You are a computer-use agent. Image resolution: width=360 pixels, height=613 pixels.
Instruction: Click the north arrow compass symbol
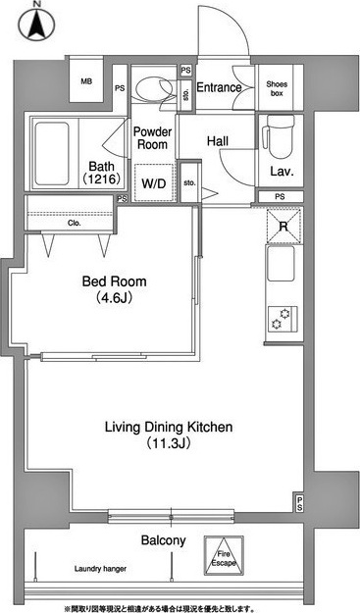point(36,24)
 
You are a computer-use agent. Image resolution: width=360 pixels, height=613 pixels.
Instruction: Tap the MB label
point(86,81)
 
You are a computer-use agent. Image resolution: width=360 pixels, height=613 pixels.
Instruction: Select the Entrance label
point(219,87)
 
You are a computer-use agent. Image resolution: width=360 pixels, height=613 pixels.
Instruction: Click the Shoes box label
point(277,88)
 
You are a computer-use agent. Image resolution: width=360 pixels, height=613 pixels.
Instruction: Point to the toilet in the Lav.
point(279,136)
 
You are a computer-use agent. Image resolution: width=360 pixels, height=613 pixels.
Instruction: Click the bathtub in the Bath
point(52,153)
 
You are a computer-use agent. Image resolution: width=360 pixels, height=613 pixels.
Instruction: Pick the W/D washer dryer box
point(154,182)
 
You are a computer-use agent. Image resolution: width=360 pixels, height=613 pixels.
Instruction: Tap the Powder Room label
point(152,138)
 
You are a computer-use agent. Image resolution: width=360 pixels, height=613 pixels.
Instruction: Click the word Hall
point(218,140)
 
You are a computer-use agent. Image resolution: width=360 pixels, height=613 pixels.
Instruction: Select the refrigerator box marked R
point(283,226)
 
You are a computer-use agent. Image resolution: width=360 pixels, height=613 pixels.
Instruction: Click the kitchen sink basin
point(281,264)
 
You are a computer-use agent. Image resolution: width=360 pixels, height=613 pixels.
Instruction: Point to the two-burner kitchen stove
point(283,318)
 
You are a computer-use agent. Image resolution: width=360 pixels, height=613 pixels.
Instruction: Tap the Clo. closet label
point(75,224)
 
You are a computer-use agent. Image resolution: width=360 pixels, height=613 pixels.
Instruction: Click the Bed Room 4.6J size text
point(114,298)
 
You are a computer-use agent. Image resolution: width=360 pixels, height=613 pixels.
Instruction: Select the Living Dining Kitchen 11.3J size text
point(169,443)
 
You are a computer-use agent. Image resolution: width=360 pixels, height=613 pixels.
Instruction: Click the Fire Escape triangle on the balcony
point(225,555)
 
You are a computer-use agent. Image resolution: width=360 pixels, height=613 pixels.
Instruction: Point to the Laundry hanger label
point(100,569)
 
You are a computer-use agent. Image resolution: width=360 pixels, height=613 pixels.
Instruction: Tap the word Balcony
point(164,541)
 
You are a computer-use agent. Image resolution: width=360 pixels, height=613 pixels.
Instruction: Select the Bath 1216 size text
point(101,179)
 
